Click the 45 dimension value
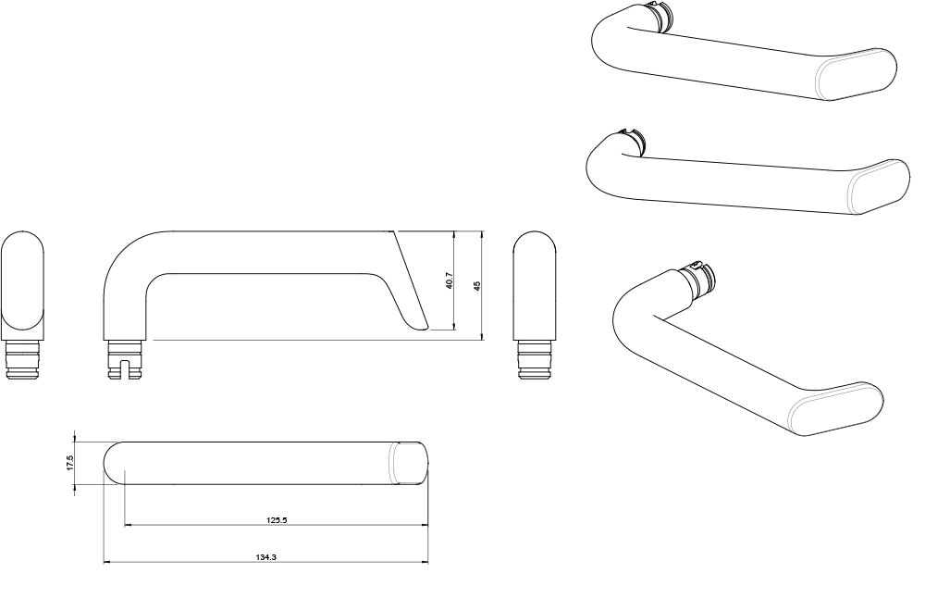click(x=476, y=285)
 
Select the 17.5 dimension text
click(x=69, y=463)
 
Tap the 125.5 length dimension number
click(x=277, y=520)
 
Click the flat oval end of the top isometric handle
click(x=857, y=76)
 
